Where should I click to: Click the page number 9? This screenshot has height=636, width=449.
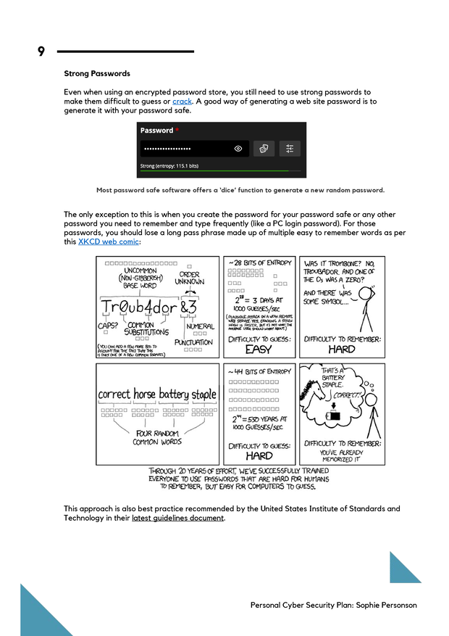click(x=41, y=51)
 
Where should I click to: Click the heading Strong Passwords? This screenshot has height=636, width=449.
click(x=97, y=73)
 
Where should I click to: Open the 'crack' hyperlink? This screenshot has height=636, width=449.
click(x=182, y=102)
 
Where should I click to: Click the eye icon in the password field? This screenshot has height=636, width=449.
click(x=238, y=149)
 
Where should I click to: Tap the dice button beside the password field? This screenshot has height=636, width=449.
click(x=264, y=149)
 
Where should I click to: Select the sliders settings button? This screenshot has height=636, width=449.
click(x=289, y=149)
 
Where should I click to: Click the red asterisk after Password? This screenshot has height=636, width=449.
click(x=177, y=131)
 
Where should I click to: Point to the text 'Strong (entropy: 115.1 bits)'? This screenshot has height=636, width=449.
click(x=169, y=166)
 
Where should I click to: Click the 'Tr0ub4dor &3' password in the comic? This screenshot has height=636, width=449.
click(x=148, y=307)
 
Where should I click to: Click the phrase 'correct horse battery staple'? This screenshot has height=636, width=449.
click(x=157, y=395)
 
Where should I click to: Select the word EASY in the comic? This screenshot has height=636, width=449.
click(x=259, y=350)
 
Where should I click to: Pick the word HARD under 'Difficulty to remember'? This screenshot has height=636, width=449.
click(x=341, y=349)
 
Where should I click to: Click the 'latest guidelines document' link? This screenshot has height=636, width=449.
click(x=177, y=518)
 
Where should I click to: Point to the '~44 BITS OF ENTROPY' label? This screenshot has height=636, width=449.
click(x=259, y=371)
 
